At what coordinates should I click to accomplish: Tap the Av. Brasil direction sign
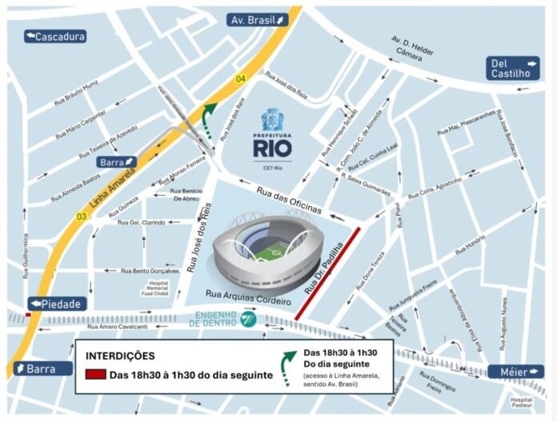pyautogui.click(x=257, y=20)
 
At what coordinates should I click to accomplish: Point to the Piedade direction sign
pyautogui.click(x=58, y=304)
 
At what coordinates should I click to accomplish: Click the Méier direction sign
pyautogui.click(x=516, y=372)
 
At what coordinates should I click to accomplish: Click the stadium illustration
pyautogui.click(x=269, y=246)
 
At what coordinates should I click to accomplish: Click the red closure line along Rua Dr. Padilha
pyautogui.click(x=328, y=274)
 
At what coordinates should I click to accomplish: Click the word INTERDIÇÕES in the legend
pyautogui.click(x=119, y=356)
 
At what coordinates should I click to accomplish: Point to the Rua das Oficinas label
pyautogui.click(x=290, y=201)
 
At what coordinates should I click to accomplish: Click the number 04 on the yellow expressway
pyautogui.click(x=240, y=78)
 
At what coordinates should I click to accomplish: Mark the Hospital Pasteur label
pyautogui.click(x=521, y=402)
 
